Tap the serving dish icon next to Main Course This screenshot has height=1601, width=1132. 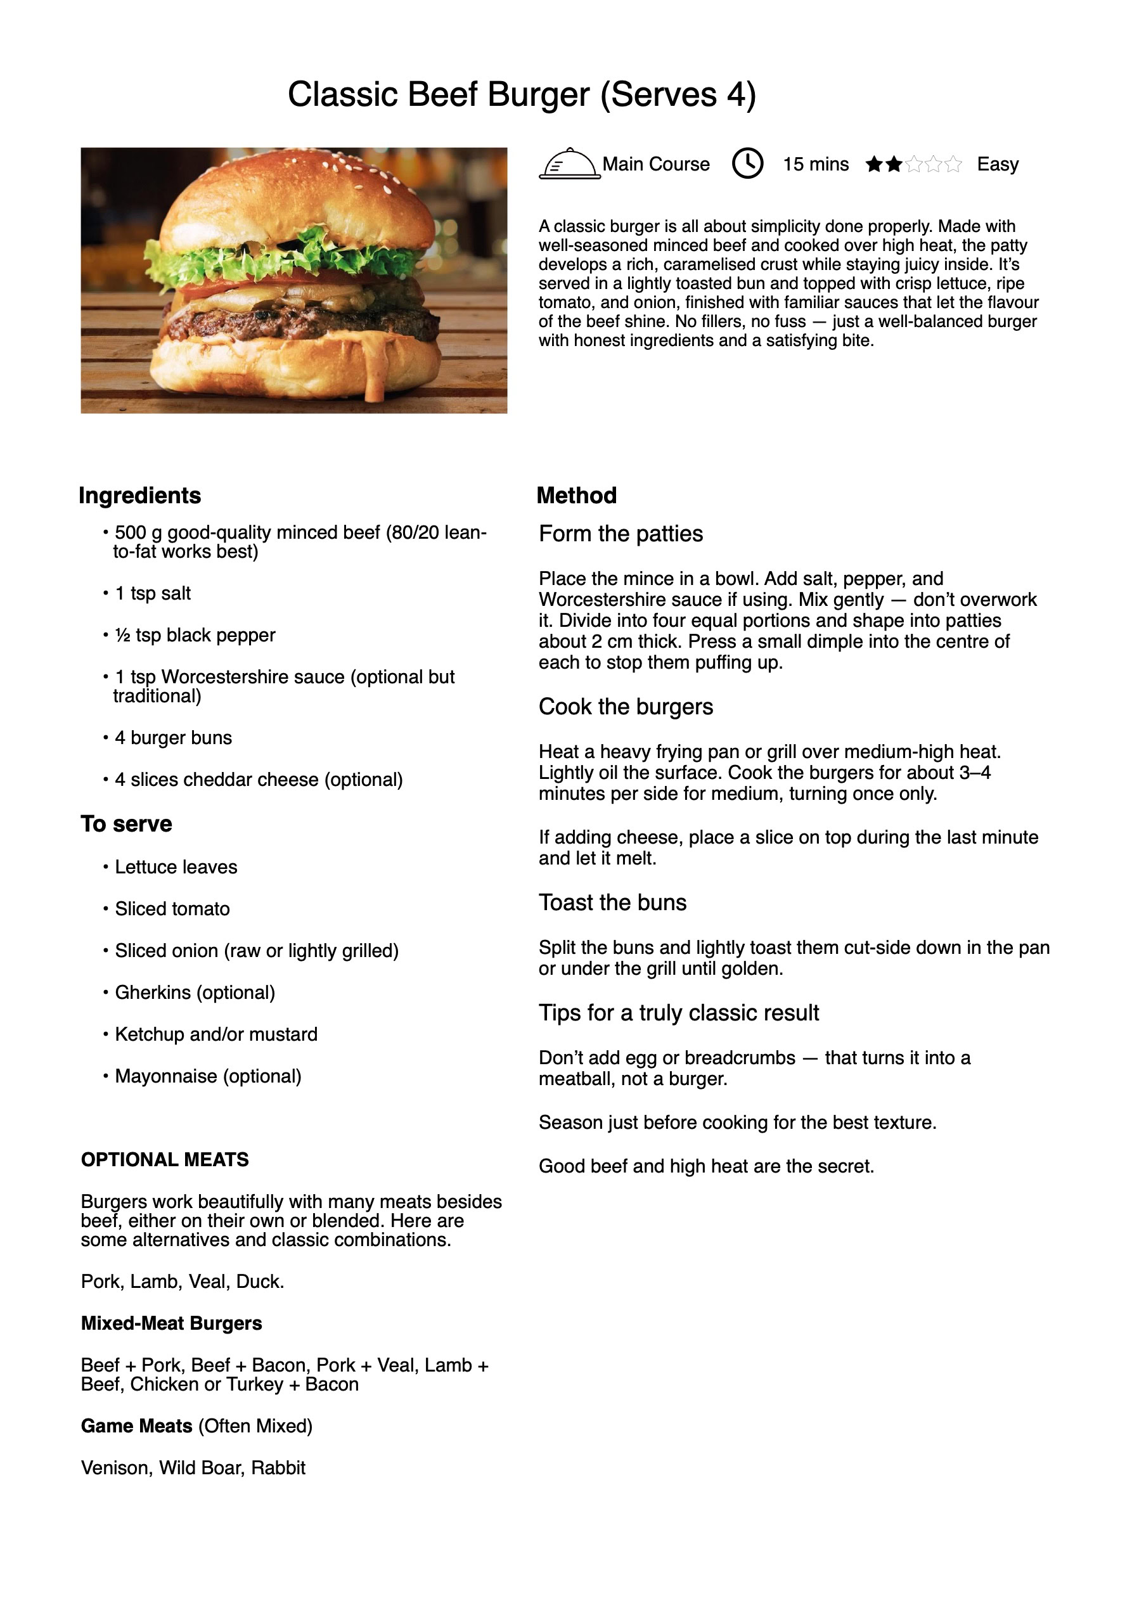[569, 165]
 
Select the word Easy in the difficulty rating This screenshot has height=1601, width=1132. [997, 165]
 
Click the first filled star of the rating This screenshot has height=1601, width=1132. [873, 165]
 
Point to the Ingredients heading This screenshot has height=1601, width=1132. [139, 495]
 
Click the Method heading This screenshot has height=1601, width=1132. [576, 495]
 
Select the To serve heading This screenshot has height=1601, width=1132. [126, 823]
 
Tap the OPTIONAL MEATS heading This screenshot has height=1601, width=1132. [165, 1160]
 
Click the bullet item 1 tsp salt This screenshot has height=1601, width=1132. [152, 593]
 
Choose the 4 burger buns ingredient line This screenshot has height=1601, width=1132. [173, 738]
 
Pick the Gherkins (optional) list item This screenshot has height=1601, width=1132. [195, 993]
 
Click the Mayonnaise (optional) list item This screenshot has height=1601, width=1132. [208, 1076]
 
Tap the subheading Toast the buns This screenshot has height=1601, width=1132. [612, 903]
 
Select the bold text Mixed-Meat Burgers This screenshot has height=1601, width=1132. [172, 1323]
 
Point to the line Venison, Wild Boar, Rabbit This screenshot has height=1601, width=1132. [193, 1468]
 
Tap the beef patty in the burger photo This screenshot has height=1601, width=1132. [300, 322]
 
